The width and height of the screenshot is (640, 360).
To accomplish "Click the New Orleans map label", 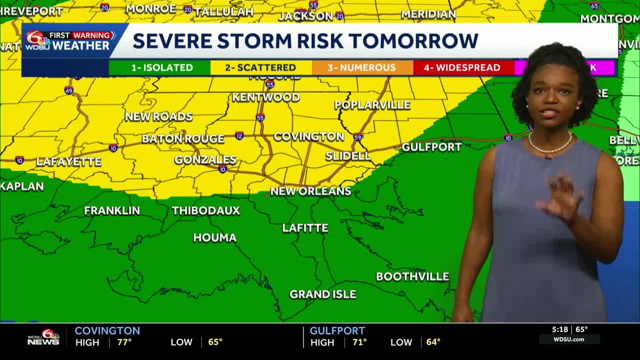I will click(x=310, y=191).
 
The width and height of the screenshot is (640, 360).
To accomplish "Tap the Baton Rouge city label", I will click(x=182, y=139).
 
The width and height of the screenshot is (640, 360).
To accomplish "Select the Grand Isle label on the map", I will click(x=322, y=294).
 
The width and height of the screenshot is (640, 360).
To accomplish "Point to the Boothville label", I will click(x=412, y=276).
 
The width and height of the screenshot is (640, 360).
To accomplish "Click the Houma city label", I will click(x=214, y=237).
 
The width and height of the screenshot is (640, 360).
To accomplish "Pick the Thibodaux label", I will click(x=205, y=210).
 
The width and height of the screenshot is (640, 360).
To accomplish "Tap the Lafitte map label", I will click(x=305, y=228).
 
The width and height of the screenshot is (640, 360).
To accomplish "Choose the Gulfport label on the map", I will click(x=431, y=147).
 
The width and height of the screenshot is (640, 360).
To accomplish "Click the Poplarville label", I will click(x=372, y=105).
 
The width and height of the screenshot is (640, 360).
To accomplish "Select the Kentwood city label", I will click(x=265, y=97).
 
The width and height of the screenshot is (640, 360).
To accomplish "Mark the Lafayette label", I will click(x=68, y=161).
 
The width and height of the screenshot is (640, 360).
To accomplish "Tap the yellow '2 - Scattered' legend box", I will click(x=261, y=67).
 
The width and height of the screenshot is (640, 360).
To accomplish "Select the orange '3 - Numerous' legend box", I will click(x=362, y=67).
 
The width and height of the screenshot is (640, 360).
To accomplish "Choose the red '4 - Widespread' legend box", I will click(x=463, y=67).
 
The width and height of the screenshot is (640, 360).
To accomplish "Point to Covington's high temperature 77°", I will click(x=124, y=342).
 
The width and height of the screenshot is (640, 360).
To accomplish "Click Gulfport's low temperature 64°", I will click(x=433, y=342).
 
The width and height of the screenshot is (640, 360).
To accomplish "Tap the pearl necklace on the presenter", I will click(x=550, y=145).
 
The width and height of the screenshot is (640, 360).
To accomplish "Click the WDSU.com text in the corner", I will click(x=568, y=339).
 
